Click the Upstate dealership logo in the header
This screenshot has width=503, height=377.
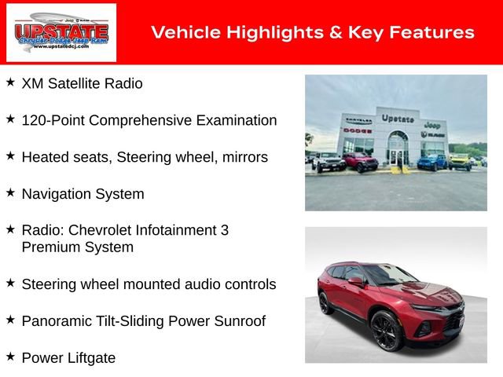pyautogui.click(x=61, y=32)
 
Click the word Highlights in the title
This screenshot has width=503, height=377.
pyautogui.click(x=259, y=32)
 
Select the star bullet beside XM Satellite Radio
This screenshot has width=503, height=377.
pyautogui.click(x=10, y=82)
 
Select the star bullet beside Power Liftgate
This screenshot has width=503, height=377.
pyautogui.click(x=10, y=357)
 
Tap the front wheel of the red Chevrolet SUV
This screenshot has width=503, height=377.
pyautogui.click(x=386, y=331)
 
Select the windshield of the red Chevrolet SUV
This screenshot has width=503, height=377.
pyautogui.click(x=389, y=275)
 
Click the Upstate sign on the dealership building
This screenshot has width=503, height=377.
pyautogui.click(x=398, y=119)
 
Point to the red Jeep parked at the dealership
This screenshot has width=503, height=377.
pyautogui.click(x=361, y=162)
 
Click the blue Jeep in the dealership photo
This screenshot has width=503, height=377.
pyautogui.click(x=431, y=162)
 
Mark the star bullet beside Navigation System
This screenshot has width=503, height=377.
pyautogui.click(x=10, y=192)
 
